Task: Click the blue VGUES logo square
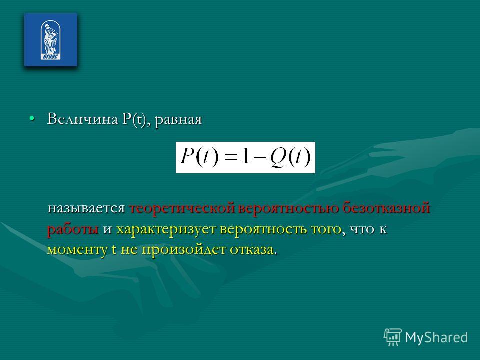tap(51, 40)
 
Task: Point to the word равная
tap(178, 120)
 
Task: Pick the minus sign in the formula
tap(260, 158)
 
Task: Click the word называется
tap(86, 208)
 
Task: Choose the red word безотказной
tap(386, 208)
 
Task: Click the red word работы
tap(73, 229)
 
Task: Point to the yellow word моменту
tap(77, 250)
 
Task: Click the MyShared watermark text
tap(436, 337)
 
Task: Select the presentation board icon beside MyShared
tap(393, 337)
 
